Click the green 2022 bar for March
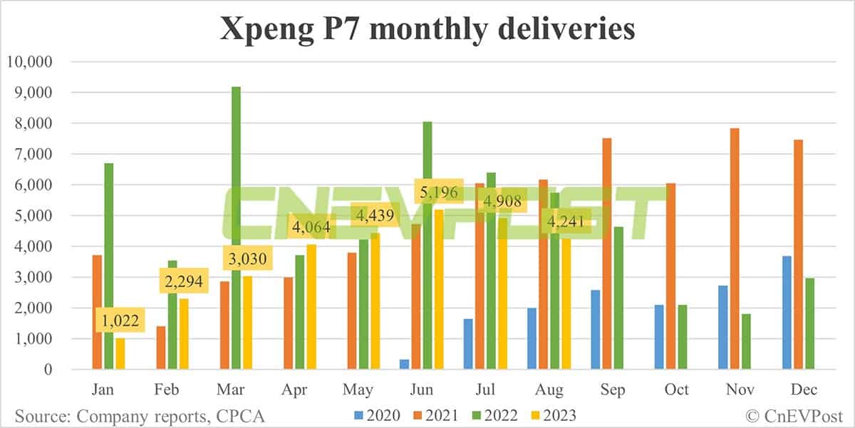coord(236,228)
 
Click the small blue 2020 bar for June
coord(405,364)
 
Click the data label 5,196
coord(439,192)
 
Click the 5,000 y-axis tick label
coord(32,216)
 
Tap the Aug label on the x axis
coord(549,390)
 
